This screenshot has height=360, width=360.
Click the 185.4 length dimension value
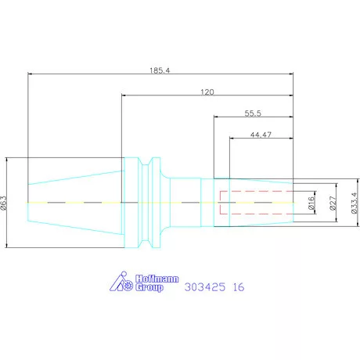(x=160, y=70)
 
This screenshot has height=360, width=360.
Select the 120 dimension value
(x=207, y=92)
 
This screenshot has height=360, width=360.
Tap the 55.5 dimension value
(x=252, y=113)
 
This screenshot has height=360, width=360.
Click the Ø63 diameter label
(x=5, y=203)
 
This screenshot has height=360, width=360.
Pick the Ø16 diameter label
(x=311, y=203)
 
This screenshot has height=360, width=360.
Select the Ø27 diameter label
(x=333, y=203)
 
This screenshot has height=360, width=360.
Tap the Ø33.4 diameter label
(x=353, y=203)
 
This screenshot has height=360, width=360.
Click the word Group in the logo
(x=148, y=287)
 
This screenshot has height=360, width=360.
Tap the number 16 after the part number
(x=238, y=287)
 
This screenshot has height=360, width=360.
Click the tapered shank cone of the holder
(x=74, y=203)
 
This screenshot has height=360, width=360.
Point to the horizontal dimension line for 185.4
(x=94, y=75)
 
